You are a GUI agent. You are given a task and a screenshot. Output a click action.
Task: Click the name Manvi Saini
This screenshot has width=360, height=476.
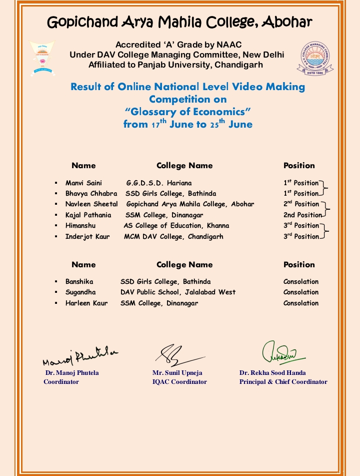83,183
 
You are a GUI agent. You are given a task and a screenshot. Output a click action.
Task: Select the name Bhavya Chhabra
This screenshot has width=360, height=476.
91,194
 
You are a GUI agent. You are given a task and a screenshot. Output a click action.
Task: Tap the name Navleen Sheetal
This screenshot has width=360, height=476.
91,204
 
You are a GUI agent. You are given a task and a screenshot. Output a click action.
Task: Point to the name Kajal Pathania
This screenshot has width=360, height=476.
88,215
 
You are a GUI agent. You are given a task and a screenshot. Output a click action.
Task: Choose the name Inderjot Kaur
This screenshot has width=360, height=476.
87,237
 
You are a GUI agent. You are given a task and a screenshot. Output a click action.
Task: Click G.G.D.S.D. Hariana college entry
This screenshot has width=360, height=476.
158,183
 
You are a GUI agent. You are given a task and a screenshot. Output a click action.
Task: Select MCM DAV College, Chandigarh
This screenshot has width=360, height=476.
173,237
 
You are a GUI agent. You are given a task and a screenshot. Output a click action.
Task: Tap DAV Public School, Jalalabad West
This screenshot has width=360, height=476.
177,292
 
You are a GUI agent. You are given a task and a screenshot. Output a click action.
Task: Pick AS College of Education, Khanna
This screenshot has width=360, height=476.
176,226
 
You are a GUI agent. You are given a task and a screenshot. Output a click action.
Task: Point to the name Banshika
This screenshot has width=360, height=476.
79,282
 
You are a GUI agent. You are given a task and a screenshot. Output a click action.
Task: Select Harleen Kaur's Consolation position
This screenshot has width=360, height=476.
300,303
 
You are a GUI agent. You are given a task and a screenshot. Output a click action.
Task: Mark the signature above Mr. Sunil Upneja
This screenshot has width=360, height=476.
177,354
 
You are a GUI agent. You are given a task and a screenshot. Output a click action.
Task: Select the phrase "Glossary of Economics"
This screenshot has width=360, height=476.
187,112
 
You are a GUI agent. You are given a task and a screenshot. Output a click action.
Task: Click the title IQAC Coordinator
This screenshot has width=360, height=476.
179,382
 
